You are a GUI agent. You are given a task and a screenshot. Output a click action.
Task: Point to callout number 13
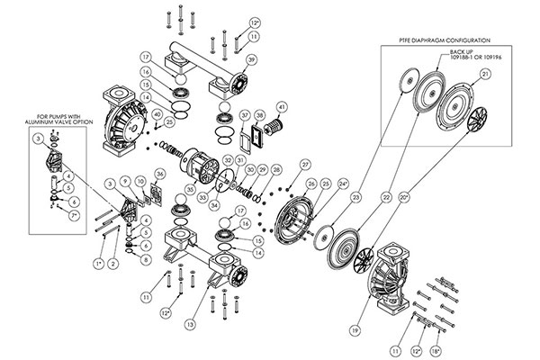click(x=189, y=323)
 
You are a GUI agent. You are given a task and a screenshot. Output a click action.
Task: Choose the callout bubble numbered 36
click(x=159, y=174)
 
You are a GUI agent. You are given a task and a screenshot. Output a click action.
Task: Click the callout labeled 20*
click(x=403, y=196)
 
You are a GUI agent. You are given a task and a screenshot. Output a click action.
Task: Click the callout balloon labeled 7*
click(x=74, y=217)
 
